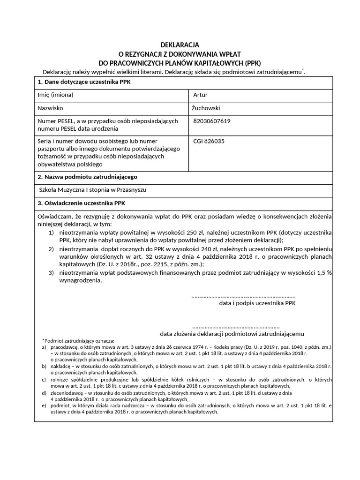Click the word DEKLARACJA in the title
click(x=180, y=45)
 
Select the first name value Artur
click(x=200, y=95)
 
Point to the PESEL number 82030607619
click(x=212, y=121)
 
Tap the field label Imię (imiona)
click(x=55, y=95)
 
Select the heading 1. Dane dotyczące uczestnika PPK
click(x=84, y=82)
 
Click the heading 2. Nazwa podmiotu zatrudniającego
click(x=87, y=177)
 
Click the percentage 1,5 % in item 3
click(x=323, y=273)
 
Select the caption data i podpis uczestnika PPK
click(x=257, y=303)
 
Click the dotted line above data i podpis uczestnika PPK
click(x=244, y=296)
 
